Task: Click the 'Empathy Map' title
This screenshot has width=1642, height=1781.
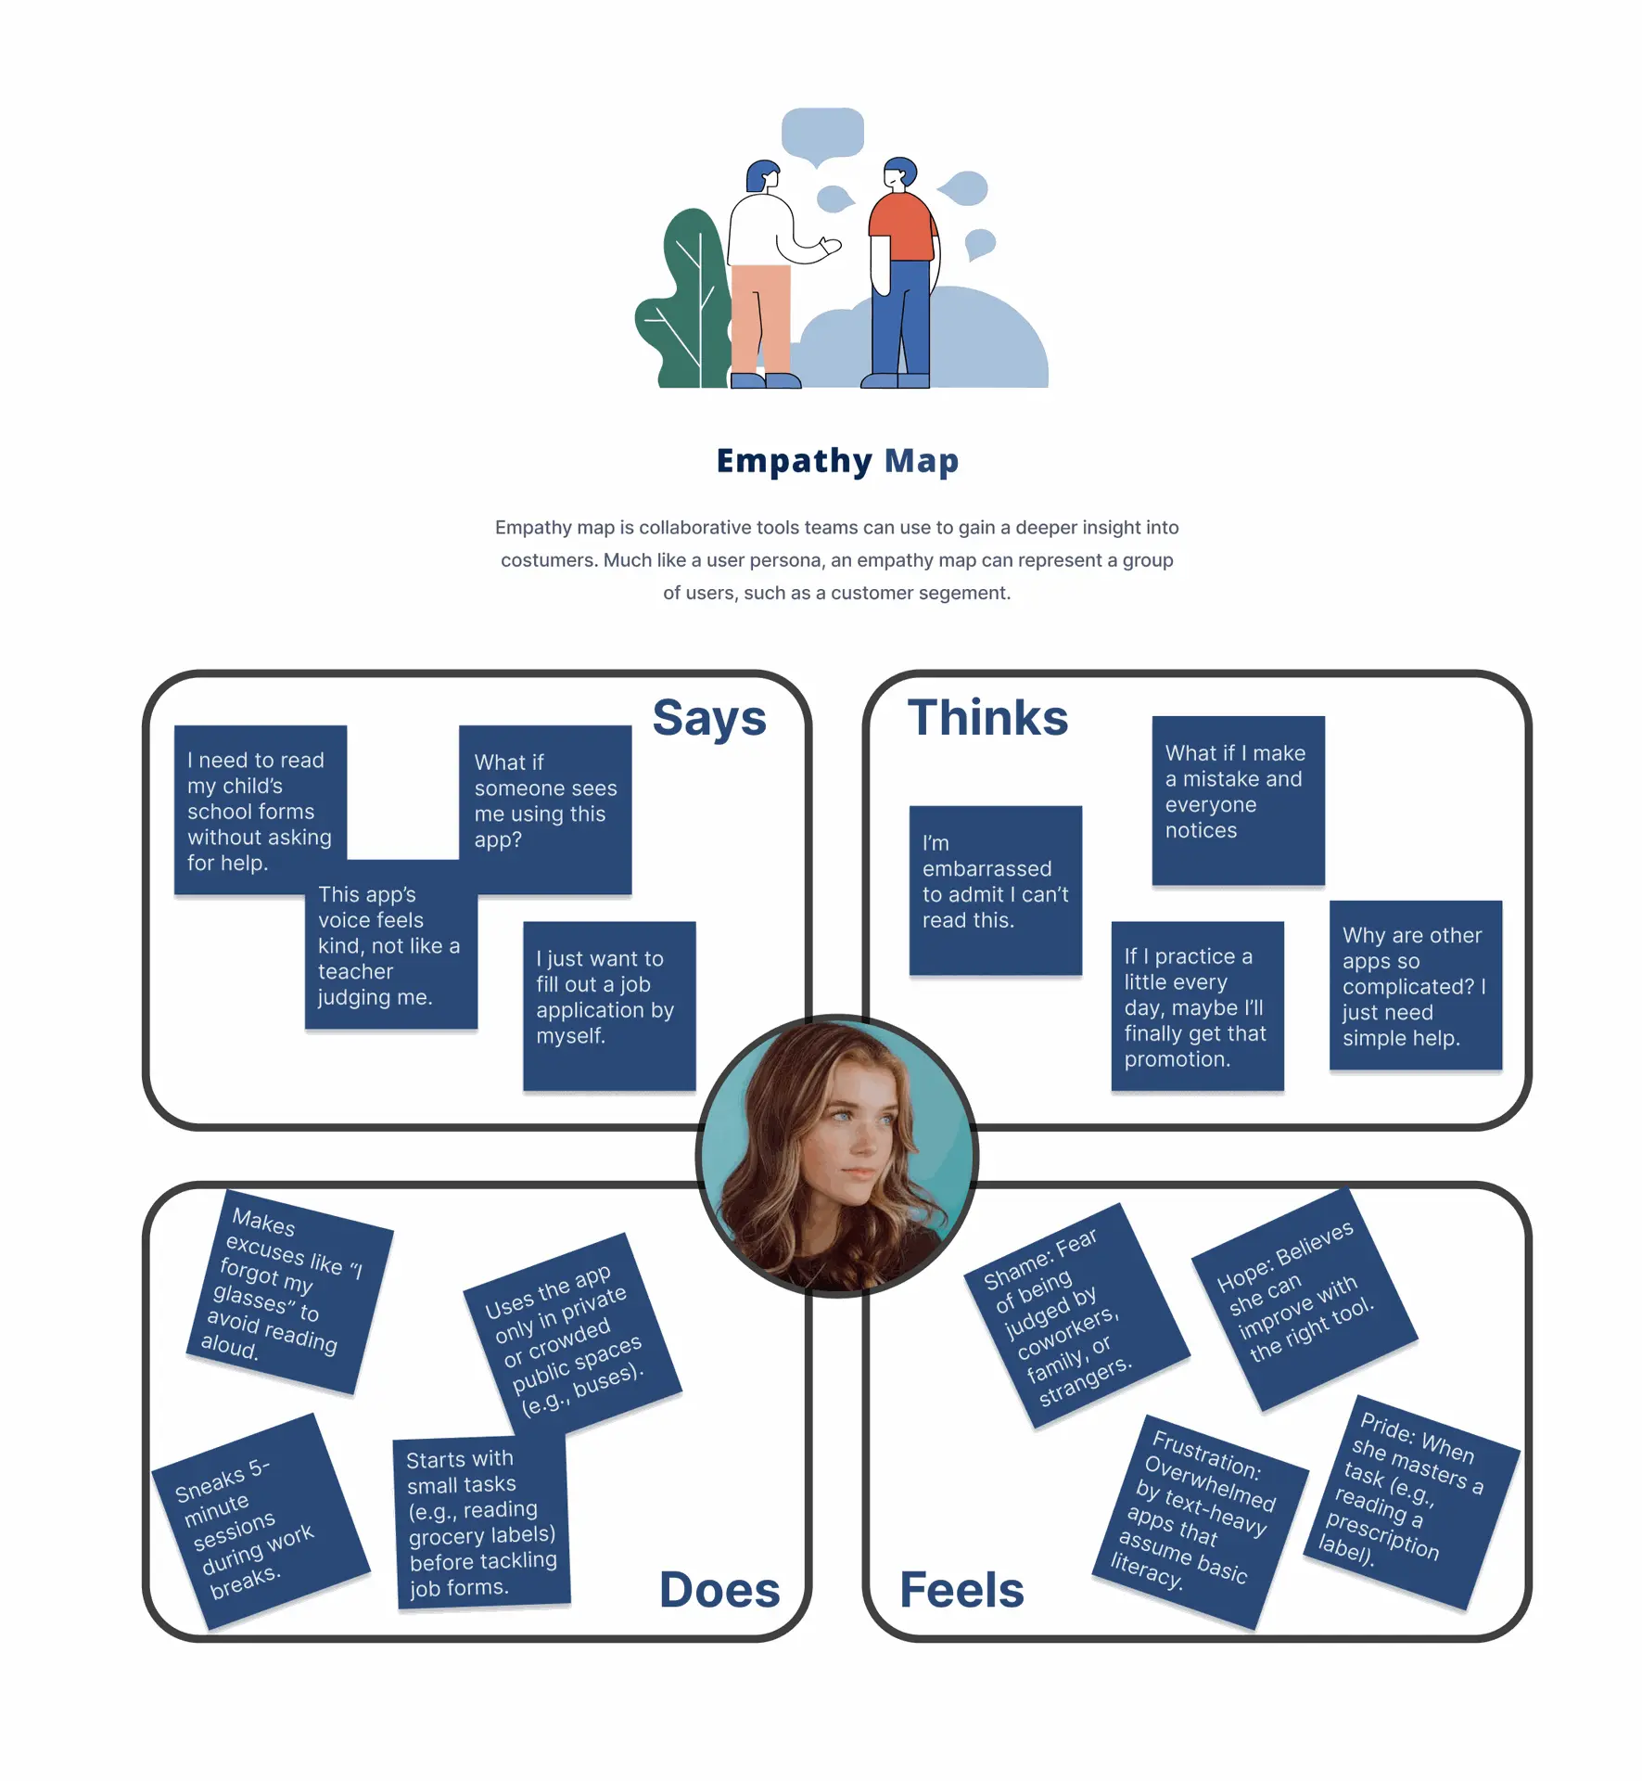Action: pos(837,461)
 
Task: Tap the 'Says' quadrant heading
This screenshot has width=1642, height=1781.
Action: pos(709,718)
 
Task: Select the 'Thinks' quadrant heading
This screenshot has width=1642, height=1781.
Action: pos(987,717)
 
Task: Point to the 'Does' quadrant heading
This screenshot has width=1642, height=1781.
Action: pos(719,1590)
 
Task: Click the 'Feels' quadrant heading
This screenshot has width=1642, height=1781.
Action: pos(961,1590)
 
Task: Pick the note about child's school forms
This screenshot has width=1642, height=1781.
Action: pos(261,810)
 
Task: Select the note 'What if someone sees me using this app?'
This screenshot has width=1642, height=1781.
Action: pos(545,810)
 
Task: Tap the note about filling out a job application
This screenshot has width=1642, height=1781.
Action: pos(609,1006)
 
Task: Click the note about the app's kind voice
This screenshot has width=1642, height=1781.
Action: pos(391,944)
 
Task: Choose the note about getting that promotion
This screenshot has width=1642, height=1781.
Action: pos(1198,1006)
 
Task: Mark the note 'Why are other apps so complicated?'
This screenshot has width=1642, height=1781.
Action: pos(1416,985)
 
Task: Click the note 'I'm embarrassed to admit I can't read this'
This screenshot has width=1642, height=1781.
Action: pos(996,890)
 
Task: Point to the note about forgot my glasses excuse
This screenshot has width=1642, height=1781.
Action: pos(290,1291)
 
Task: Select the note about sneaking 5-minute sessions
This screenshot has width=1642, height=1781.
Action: pos(261,1521)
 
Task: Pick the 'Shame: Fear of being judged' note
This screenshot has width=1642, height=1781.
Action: pos(1076,1315)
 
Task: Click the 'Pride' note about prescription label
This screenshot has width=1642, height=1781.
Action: pos(1411,1502)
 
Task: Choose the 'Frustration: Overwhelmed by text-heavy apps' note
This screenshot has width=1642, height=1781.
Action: pos(1201,1522)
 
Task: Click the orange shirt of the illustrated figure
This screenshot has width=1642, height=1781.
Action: pos(901,227)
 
